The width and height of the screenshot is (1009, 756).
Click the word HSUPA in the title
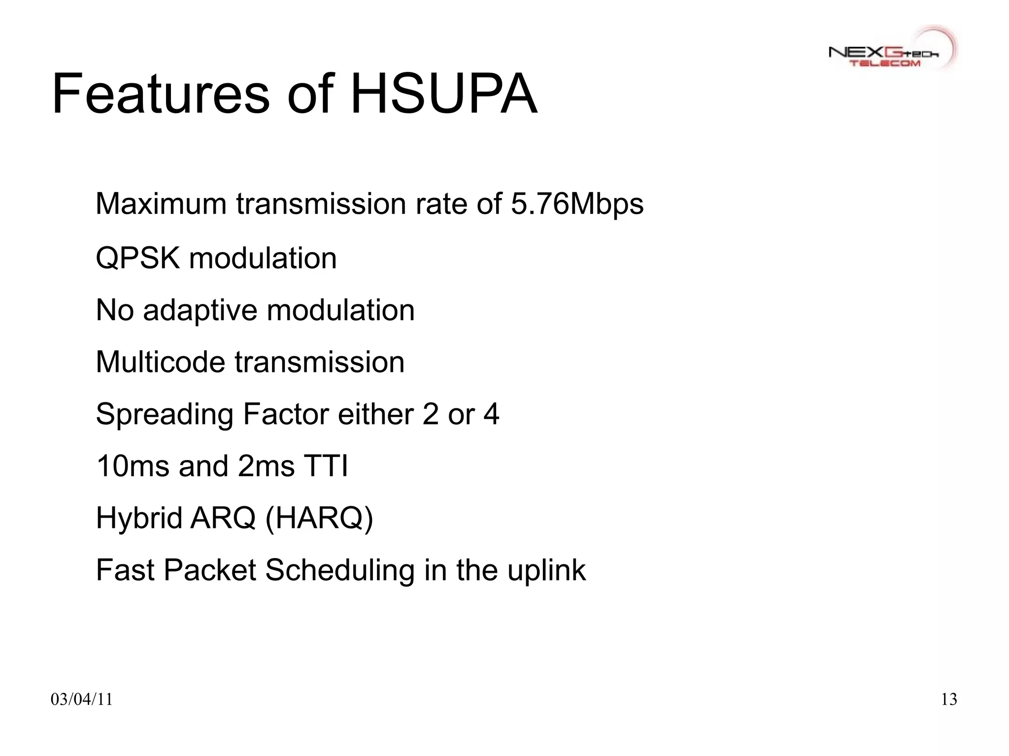[x=443, y=94]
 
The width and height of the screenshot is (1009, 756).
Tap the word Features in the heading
[x=161, y=94]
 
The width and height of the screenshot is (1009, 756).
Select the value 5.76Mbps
[x=577, y=204]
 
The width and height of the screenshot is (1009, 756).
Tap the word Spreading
[x=164, y=415]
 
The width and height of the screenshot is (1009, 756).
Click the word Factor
[x=286, y=414]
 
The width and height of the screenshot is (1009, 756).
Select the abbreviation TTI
[x=326, y=466]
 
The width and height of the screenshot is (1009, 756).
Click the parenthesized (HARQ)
[x=319, y=519]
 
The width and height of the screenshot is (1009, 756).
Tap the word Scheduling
[x=339, y=571]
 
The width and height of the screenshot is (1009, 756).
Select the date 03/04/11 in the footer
[x=81, y=699]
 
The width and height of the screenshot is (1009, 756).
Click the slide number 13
[x=948, y=699]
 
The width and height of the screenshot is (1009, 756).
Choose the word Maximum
[x=161, y=204]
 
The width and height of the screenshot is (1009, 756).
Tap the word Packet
[x=209, y=570]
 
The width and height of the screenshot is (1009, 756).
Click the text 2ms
[x=266, y=466]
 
